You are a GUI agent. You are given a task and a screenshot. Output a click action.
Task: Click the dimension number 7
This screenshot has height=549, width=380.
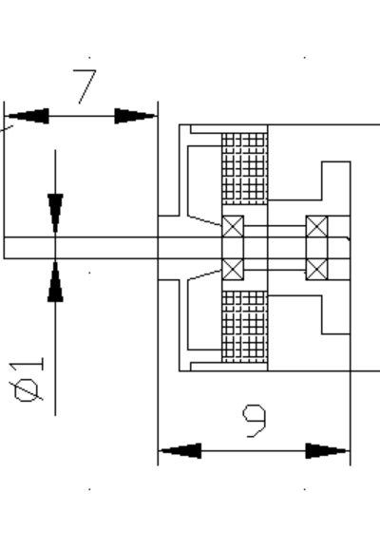(85, 86)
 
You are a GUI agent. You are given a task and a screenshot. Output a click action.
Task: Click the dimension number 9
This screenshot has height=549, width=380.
(255, 421)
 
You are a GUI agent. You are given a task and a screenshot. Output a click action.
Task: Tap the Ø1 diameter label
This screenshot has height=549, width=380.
(27, 380)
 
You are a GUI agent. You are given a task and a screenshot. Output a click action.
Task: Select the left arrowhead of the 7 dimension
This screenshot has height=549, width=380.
(28, 116)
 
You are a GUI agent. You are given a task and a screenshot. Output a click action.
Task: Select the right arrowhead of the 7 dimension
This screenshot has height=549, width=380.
(136, 116)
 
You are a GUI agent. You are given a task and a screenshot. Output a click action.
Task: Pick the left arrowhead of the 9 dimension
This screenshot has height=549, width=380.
(180, 450)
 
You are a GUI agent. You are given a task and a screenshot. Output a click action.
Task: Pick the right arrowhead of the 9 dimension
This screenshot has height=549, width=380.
(328, 450)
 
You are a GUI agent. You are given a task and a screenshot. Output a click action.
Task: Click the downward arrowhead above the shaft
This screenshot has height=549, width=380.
(55, 214)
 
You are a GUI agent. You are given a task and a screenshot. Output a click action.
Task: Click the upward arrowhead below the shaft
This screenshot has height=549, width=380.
(55, 281)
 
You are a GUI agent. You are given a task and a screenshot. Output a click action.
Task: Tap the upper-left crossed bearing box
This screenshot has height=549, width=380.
(233, 226)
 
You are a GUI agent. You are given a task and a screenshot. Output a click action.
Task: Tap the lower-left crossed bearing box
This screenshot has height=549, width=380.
(233, 269)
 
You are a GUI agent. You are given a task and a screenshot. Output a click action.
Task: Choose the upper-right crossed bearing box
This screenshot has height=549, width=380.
(317, 226)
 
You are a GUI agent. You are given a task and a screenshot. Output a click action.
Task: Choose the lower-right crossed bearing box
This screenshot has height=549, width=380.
(317, 269)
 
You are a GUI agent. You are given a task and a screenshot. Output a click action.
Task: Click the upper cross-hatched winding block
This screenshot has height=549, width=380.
(245, 168)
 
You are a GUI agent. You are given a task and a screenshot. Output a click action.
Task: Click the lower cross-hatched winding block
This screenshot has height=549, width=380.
(245, 327)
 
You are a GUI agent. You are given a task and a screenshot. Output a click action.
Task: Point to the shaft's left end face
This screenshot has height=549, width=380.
(4, 248)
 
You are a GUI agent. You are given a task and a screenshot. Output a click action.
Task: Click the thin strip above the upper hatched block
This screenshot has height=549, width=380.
(229, 129)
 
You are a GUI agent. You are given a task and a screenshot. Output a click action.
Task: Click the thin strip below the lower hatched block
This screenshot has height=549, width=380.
(229, 367)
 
